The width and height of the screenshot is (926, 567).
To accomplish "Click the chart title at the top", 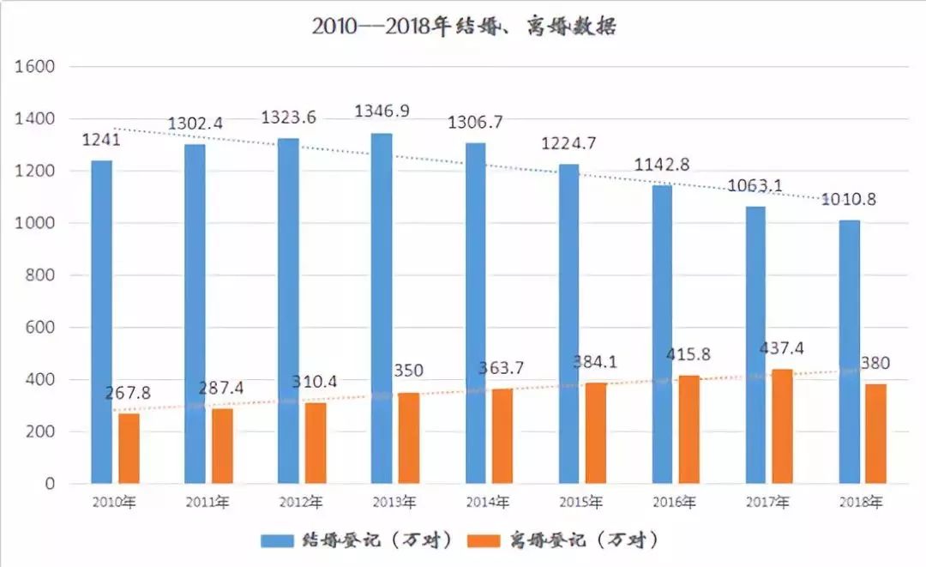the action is [464, 27].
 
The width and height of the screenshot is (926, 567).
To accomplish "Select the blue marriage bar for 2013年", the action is [382, 308].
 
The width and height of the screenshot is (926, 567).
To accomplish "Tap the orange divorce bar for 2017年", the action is [782, 426].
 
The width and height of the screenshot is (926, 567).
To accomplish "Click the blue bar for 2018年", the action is [849, 352].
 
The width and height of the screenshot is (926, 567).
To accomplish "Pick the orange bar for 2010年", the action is [129, 449].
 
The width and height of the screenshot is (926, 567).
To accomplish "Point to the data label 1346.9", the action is [382, 111].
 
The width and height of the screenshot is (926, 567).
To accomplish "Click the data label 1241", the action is [101, 140].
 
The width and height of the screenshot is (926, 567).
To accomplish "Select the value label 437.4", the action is [781, 348].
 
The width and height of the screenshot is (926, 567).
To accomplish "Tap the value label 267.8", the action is [128, 393].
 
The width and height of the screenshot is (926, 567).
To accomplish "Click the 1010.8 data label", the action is [849, 200].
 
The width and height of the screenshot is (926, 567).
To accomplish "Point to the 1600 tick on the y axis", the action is [35, 66].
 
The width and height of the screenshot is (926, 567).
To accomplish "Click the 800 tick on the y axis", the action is [40, 275].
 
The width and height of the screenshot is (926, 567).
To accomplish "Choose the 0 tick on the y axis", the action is [50, 484].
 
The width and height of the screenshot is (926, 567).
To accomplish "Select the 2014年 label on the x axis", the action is [488, 502].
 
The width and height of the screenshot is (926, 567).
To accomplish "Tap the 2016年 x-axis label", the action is [675, 502].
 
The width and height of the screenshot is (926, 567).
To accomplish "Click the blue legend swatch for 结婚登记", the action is [277, 540].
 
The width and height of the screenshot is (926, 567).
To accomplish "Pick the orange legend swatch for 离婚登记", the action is [484, 540].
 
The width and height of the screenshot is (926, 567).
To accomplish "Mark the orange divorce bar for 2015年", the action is [596, 433].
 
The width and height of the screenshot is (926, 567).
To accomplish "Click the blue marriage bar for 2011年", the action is [195, 314].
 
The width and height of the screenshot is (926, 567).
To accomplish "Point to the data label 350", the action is [409, 371].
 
